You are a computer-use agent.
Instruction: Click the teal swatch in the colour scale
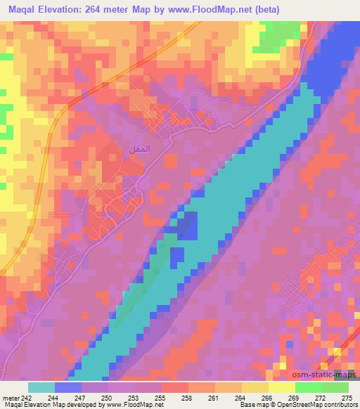[41, 387]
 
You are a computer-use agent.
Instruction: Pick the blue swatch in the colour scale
[68, 387]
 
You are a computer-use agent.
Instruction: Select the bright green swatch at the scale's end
[335, 387]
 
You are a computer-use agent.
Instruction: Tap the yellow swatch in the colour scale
[255, 387]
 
